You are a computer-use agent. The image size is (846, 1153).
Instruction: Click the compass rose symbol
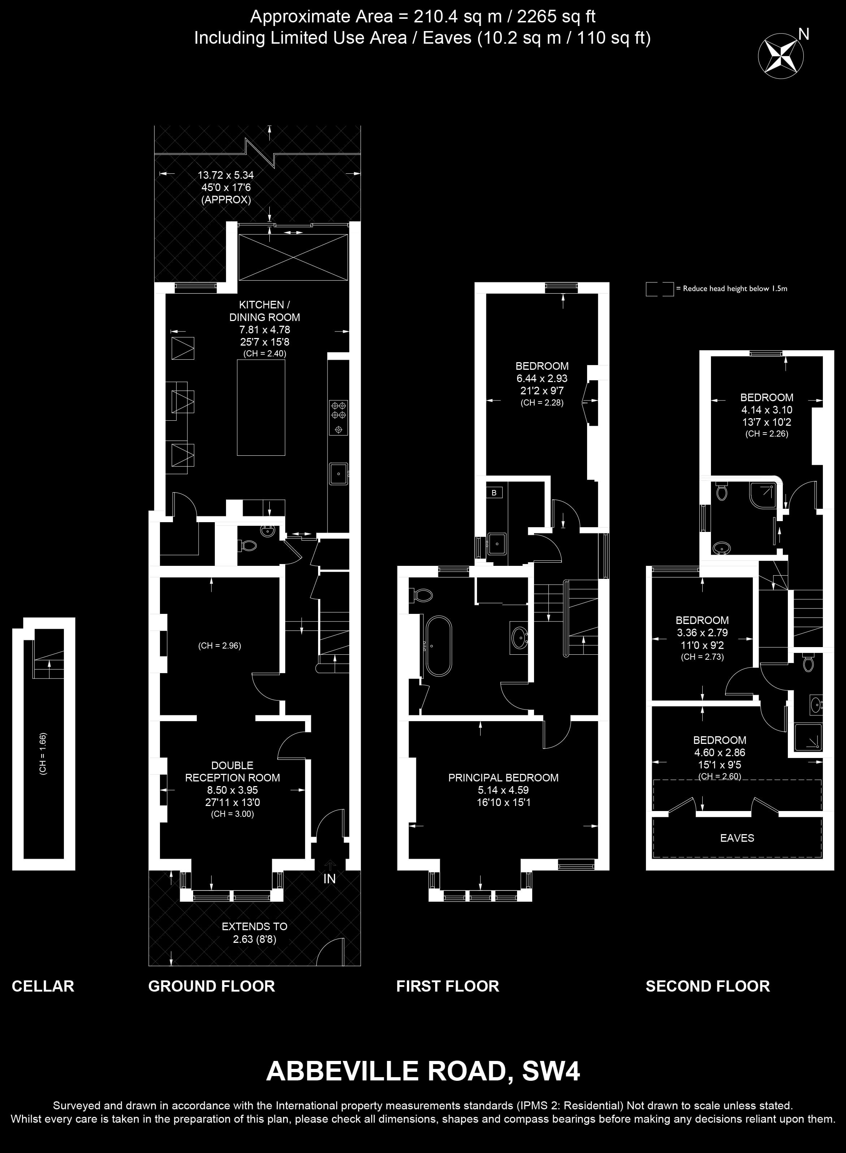(x=780, y=56)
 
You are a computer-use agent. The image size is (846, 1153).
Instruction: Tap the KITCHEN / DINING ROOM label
(x=265, y=311)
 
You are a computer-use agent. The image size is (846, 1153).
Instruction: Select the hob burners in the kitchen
(x=338, y=417)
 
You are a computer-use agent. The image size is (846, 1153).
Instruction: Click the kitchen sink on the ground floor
(x=338, y=473)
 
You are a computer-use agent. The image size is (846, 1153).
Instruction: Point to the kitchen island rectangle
(x=261, y=408)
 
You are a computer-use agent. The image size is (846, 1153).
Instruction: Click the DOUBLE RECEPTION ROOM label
(x=233, y=771)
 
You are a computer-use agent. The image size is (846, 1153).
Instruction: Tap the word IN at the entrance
(x=329, y=879)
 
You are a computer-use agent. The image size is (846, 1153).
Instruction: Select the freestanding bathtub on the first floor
(x=438, y=646)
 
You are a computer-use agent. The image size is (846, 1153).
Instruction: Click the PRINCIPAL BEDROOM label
(x=503, y=777)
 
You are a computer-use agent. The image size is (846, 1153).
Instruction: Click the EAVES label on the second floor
(x=737, y=838)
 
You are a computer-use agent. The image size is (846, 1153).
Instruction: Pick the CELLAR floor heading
(x=43, y=986)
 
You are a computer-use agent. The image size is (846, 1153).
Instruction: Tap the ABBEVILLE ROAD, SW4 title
(x=423, y=1071)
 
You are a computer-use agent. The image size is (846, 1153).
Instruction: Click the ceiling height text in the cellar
(x=43, y=754)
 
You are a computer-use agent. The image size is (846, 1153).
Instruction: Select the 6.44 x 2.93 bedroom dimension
(x=542, y=378)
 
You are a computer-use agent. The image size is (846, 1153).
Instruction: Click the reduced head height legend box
(x=660, y=289)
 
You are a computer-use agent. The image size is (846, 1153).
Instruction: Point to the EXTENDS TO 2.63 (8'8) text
(x=255, y=933)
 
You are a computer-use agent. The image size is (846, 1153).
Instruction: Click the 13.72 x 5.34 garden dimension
(x=226, y=175)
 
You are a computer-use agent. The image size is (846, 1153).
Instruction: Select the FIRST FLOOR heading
(x=448, y=986)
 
